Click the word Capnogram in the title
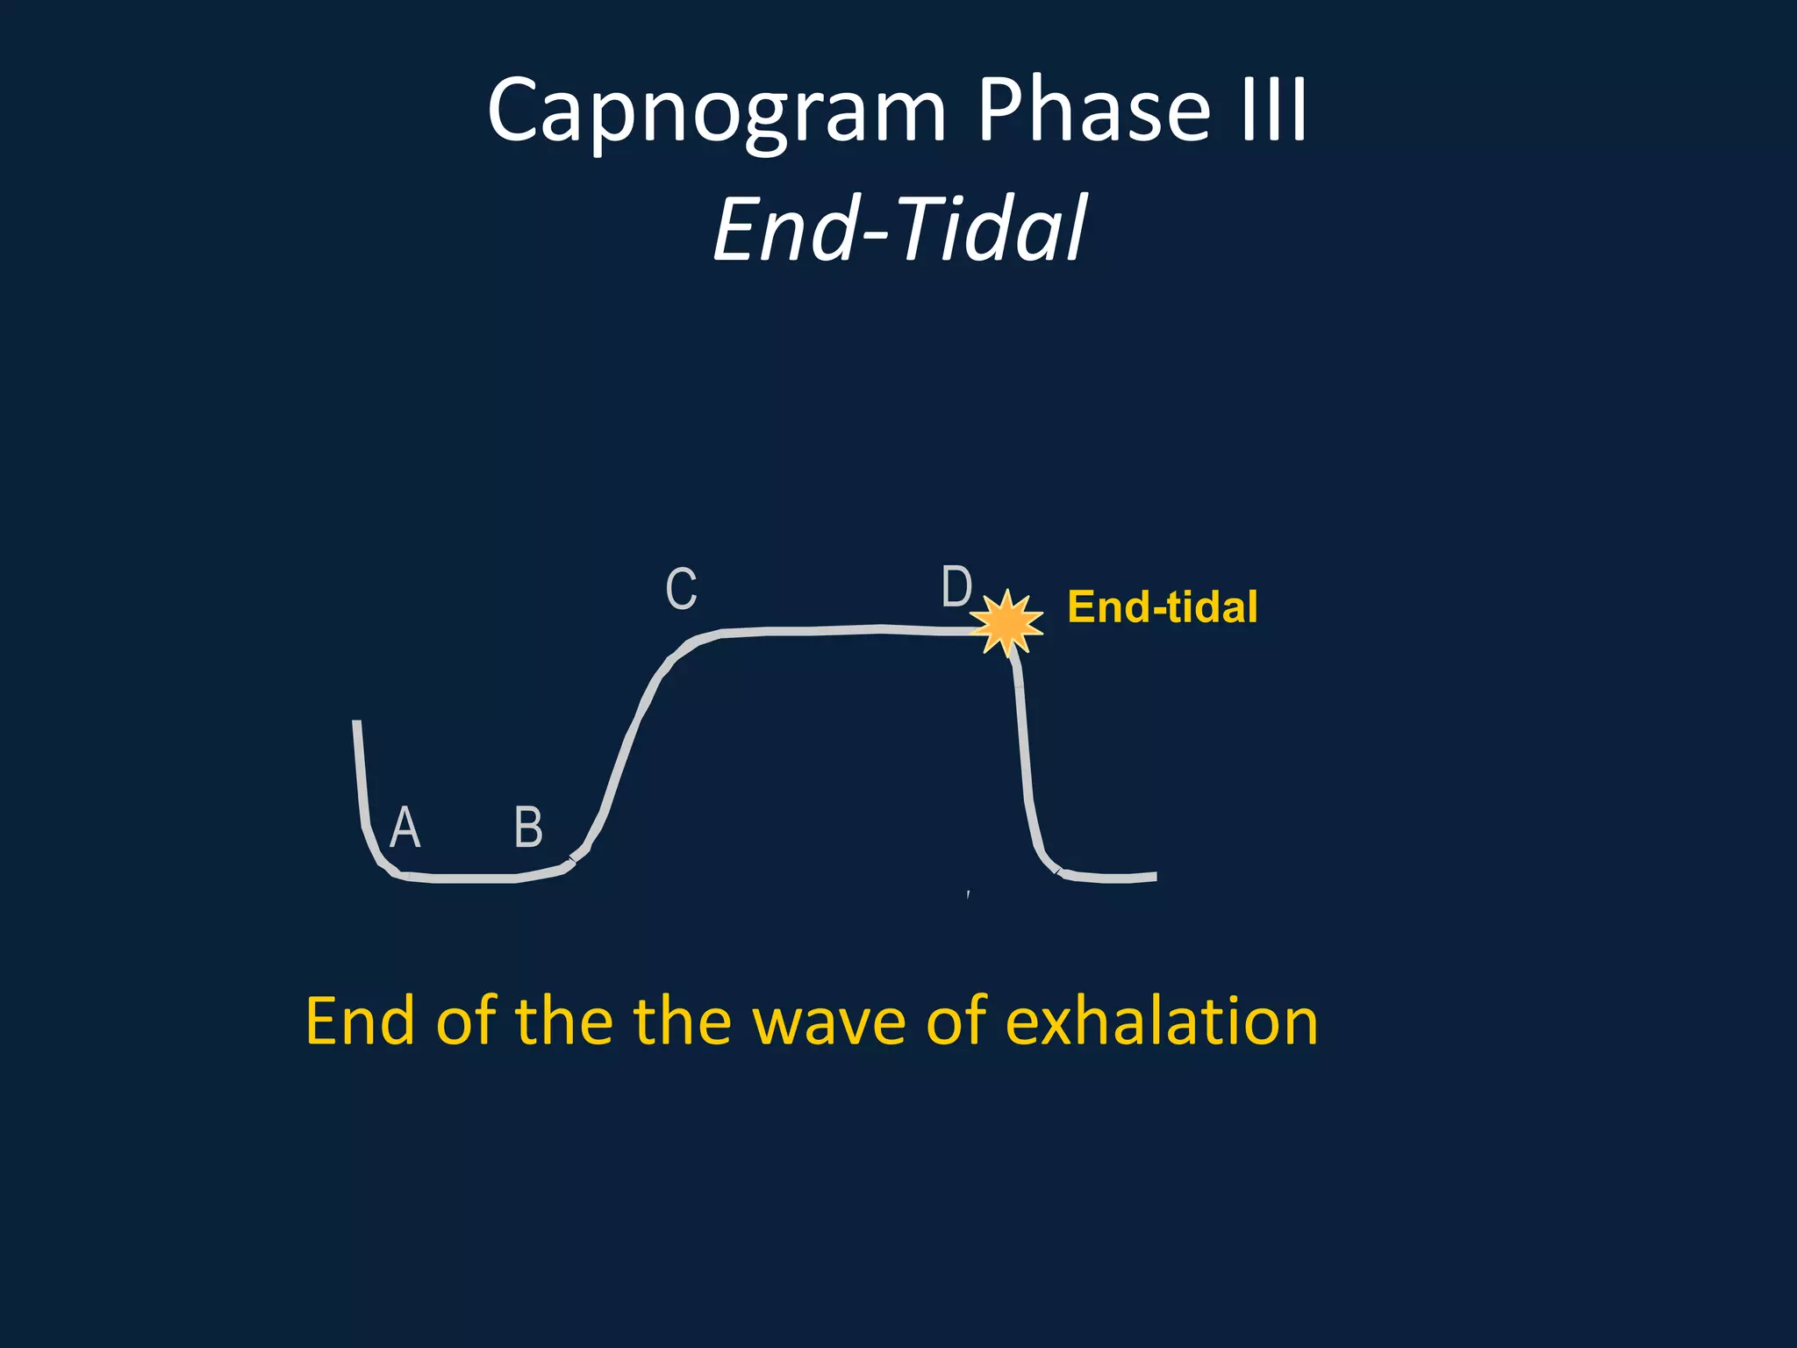pos(716,112)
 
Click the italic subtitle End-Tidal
pos(900,230)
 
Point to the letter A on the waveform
pos(405,827)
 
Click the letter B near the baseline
pos(528,827)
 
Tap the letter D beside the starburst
pos(956,586)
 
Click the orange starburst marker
pos(1007,622)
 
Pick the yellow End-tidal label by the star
pos(1162,607)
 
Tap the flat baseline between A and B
pos(474,878)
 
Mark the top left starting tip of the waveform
pos(356,723)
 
